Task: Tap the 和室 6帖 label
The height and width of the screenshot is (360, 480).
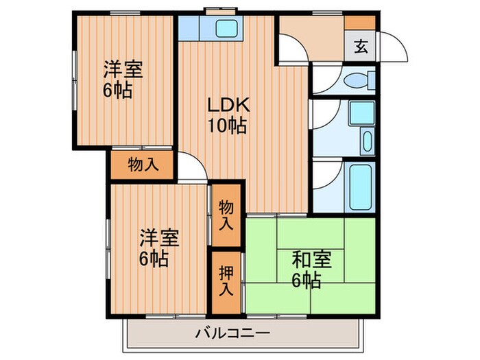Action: tap(312, 269)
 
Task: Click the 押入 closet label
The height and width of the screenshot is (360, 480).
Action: tap(226, 280)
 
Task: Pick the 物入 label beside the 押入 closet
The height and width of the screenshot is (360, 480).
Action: tap(226, 215)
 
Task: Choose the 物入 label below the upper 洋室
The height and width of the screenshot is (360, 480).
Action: tap(143, 165)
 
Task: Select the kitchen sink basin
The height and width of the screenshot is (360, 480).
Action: tap(226, 29)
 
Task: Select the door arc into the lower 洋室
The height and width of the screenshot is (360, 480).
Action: tap(194, 169)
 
